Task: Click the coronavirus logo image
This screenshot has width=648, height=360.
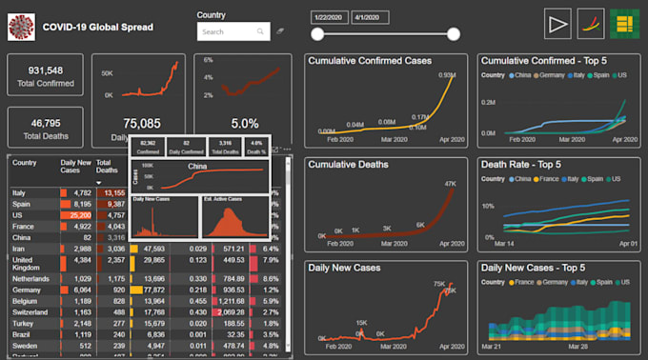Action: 21,27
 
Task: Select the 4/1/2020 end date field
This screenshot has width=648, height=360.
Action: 370,17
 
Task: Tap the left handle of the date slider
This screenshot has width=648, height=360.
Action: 317,34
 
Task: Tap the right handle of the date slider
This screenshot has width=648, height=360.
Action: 454,34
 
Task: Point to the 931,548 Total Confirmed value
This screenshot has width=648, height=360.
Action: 46,70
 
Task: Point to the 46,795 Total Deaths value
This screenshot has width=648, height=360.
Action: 46,123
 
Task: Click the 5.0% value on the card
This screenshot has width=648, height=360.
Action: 244,124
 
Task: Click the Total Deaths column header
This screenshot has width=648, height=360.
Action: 107,168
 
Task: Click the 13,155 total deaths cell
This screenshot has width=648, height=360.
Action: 111,192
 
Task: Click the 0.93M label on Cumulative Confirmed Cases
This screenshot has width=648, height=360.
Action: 446,75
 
